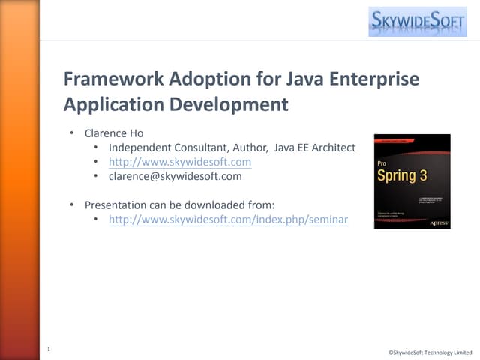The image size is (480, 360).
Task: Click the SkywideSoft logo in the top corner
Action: click(417, 20)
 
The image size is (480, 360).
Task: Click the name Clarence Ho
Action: click(113, 133)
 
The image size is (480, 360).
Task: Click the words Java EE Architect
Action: click(314, 148)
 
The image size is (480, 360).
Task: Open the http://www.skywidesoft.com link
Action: click(179, 162)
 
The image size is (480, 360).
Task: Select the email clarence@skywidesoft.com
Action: click(175, 176)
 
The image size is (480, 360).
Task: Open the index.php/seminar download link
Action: click(228, 219)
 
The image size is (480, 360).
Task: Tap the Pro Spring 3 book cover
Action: click(412, 181)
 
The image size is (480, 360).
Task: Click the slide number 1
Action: click(48, 349)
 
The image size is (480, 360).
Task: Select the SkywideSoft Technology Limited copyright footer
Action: click(430, 352)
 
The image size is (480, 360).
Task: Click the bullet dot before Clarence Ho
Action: click(72, 133)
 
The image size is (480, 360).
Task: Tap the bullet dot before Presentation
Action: click(72, 205)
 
